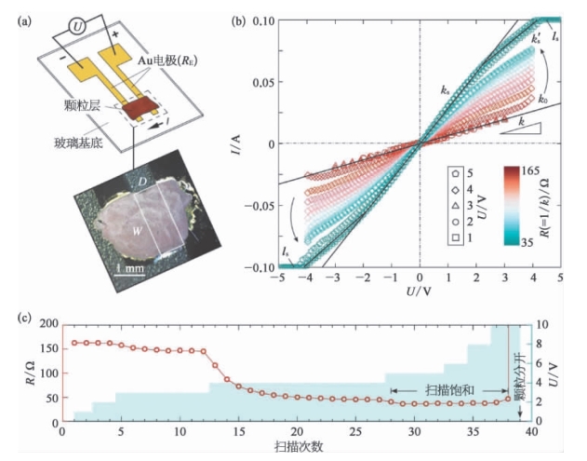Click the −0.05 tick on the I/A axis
[259, 205]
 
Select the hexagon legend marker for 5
[454, 173]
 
